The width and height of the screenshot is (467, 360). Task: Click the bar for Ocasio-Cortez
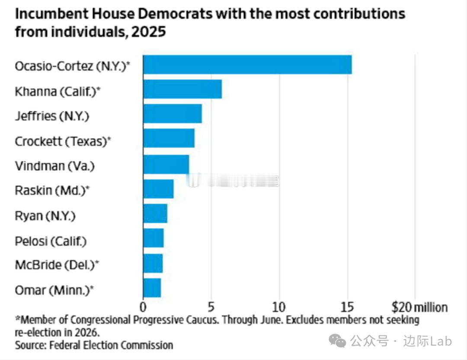(x=247, y=65)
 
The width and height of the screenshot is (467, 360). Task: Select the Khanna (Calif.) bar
(x=182, y=89)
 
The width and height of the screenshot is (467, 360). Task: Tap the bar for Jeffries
(x=173, y=114)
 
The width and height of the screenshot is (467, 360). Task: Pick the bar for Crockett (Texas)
(x=169, y=139)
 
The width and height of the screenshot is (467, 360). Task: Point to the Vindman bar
(x=166, y=164)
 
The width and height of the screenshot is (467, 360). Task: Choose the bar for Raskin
(x=158, y=189)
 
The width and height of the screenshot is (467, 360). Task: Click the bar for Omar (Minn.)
(x=152, y=288)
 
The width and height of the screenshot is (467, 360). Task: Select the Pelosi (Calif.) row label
(x=51, y=241)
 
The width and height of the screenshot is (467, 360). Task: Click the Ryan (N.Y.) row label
(x=45, y=215)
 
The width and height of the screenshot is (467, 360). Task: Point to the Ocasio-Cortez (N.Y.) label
(x=72, y=66)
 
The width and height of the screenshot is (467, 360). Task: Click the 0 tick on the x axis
(x=143, y=307)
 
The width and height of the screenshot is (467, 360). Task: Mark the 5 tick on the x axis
(x=211, y=307)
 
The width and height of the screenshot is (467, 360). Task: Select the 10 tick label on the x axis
(x=279, y=307)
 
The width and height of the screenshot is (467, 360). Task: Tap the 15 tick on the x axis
(x=347, y=307)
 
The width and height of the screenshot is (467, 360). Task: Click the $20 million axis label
(x=419, y=307)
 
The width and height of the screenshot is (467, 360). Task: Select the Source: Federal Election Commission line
(x=94, y=345)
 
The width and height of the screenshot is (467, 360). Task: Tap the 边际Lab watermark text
(x=428, y=341)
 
